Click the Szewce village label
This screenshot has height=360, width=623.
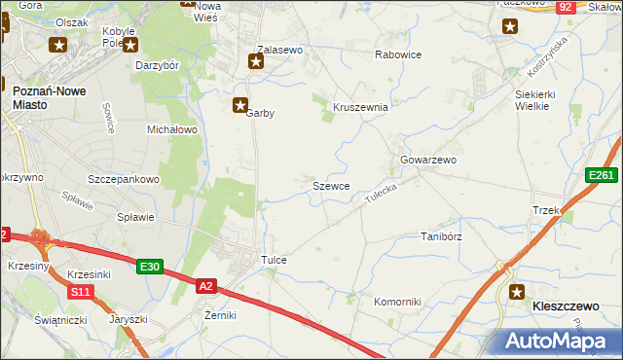(x=331, y=185)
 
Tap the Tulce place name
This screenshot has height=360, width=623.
(x=274, y=261)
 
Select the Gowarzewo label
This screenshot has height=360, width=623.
(x=428, y=160)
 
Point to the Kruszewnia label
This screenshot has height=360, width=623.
(x=361, y=107)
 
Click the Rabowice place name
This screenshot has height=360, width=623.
(x=398, y=54)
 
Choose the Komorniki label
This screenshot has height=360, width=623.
(x=397, y=302)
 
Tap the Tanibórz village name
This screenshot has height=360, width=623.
(x=440, y=236)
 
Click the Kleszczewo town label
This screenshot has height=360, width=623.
(x=565, y=306)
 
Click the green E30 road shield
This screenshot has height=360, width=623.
(x=149, y=267)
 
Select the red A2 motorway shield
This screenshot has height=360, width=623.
(x=205, y=286)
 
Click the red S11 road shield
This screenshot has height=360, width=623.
(x=81, y=291)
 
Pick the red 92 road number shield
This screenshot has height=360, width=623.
(x=566, y=8)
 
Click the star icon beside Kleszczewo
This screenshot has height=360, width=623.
(x=518, y=291)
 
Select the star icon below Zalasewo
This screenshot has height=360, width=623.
(x=256, y=63)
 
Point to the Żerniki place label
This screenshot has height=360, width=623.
(x=221, y=315)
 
